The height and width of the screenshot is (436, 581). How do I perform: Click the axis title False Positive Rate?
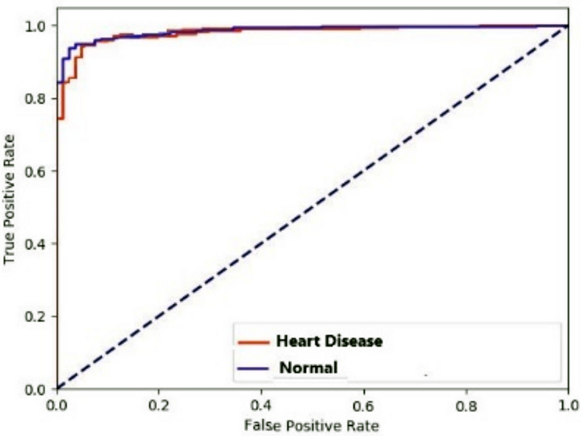point(310,426)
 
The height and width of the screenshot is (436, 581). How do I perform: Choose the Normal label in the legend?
point(309,368)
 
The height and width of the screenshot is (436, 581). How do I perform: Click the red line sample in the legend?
point(252,341)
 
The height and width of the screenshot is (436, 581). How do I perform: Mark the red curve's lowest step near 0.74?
point(60,118)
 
